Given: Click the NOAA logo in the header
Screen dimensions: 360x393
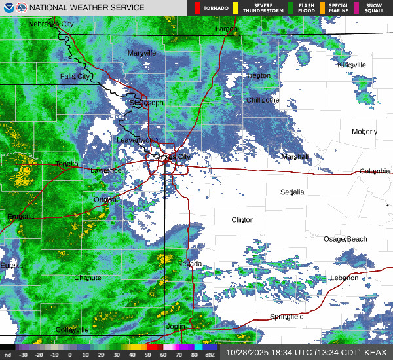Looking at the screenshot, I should pyautogui.click(x=7, y=8).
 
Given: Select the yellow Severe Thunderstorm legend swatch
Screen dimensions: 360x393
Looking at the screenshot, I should pyautogui.click(x=236, y=8).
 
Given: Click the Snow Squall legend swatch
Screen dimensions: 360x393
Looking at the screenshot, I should pyautogui.click(x=357, y=8).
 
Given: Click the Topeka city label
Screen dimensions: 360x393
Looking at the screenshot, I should pyautogui.click(x=67, y=164).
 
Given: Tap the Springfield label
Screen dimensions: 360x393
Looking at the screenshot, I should pyautogui.click(x=287, y=317).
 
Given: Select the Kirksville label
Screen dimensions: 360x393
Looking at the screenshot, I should pyautogui.click(x=352, y=65).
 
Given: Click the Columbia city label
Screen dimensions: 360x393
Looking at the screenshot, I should pyautogui.click(x=374, y=171).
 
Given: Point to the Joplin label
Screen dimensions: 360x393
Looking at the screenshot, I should pyautogui.click(x=176, y=326).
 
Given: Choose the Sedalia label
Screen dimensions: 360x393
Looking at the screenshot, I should pyautogui.click(x=292, y=192).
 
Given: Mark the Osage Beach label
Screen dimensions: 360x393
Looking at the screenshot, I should pyautogui.click(x=346, y=239).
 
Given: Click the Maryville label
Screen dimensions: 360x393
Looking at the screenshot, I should pyautogui.click(x=142, y=53).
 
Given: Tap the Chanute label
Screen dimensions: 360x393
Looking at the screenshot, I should pyautogui.click(x=88, y=278).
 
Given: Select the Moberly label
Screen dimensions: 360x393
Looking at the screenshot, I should pyautogui.click(x=365, y=132).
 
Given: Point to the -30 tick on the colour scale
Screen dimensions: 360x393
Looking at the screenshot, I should pyautogui.click(x=24, y=354).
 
